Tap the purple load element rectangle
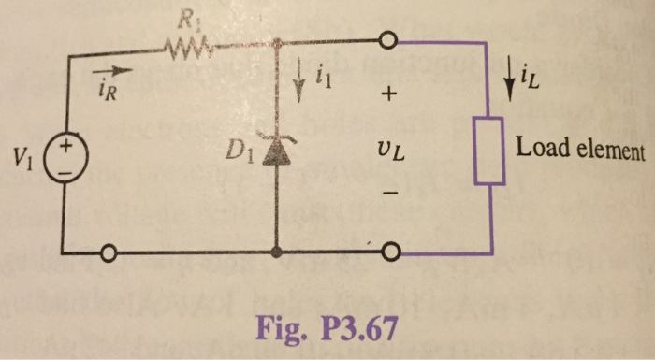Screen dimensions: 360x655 click(x=490, y=151)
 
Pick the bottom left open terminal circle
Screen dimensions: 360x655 click(x=109, y=253)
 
